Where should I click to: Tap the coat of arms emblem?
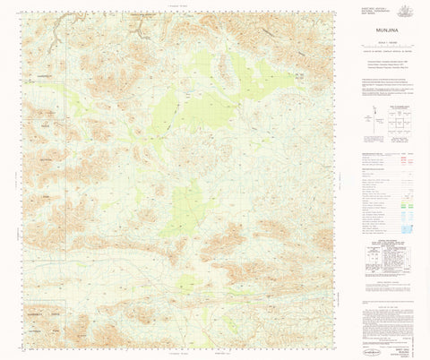(x=406, y=10)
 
